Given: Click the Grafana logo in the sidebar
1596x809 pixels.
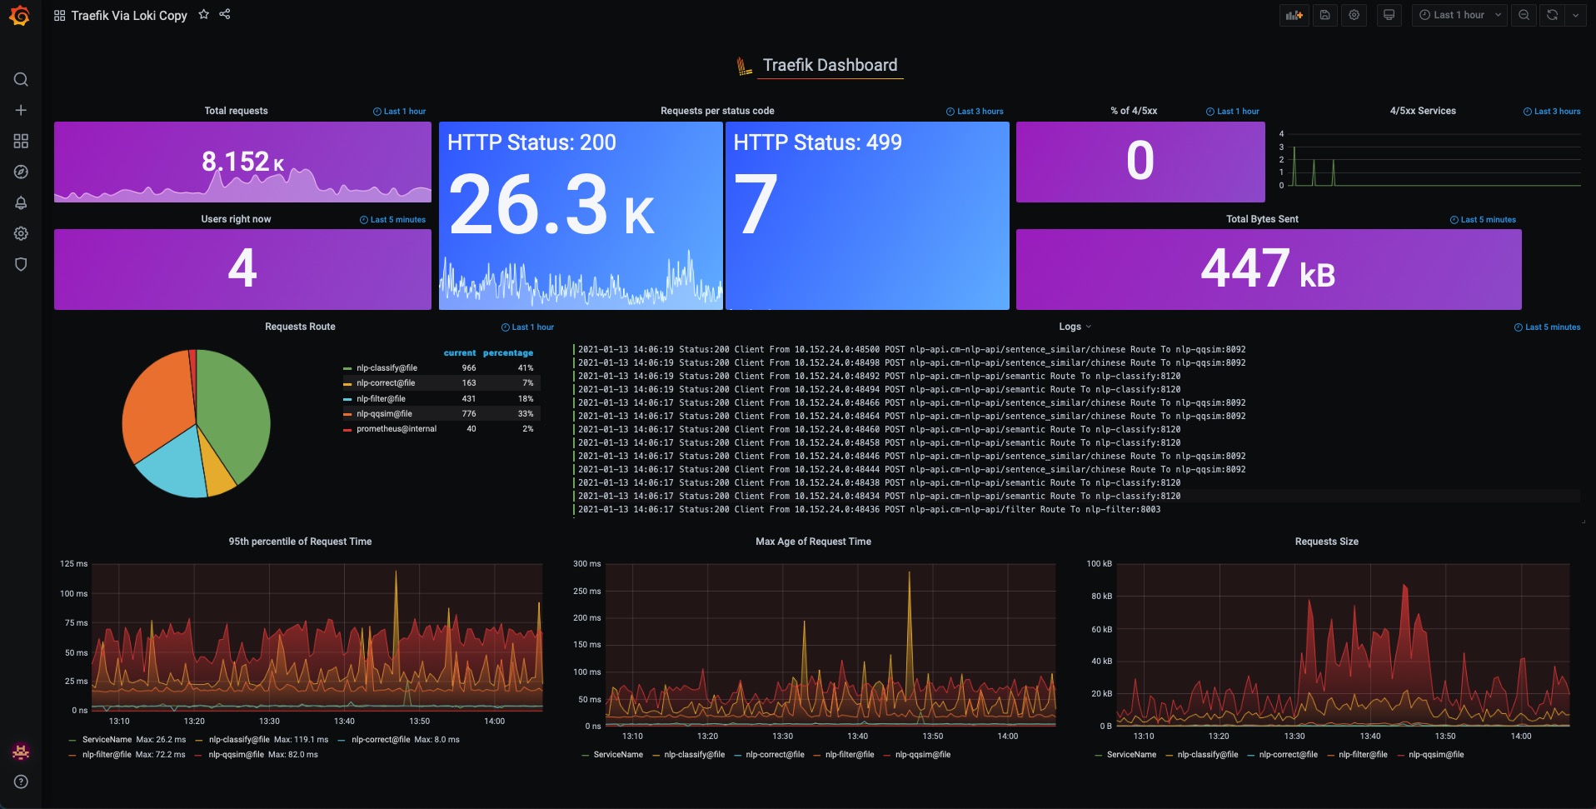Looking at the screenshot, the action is pyautogui.click(x=20, y=16).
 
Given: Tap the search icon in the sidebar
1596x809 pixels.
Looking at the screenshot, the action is pyautogui.click(x=21, y=79).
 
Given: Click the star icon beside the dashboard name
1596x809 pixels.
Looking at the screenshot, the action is pyautogui.click(x=203, y=14).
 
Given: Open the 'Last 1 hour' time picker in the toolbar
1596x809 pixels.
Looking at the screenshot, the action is pyautogui.click(x=1459, y=15).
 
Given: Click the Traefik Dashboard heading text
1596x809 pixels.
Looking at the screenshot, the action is pyautogui.click(x=830, y=65).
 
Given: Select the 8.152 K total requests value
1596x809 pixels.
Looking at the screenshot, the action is pyautogui.click(x=242, y=161).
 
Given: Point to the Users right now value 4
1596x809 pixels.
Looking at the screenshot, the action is pyautogui.click(x=242, y=268).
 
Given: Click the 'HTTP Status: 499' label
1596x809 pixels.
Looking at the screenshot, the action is pyautogui.click(x=817, y=142).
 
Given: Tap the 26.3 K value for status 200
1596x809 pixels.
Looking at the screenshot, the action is pyautogui.click(x=551, y=204).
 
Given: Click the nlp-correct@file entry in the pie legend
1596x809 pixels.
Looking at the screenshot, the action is pyautogui.click(x=386, y=383).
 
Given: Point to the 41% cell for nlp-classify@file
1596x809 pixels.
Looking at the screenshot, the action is pyautogui.click(x=526, y=367).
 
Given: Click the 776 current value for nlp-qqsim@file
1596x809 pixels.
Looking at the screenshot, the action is pyautogui.click(x=469, y=413).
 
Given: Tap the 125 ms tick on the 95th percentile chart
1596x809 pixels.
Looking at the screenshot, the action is pyautogui.click(x=73, y=564).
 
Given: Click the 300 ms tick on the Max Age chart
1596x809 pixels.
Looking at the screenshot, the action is pyautogui.click(x=587, y=564).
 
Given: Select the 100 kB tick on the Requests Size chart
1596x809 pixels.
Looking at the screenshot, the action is pyautogui.click(x=1100, y=564).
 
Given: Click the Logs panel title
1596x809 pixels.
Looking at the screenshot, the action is pyautogui.click(x=1070, y=327).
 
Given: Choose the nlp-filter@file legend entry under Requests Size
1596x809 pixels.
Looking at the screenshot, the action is pyautogui.click(x=1363, y=755).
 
